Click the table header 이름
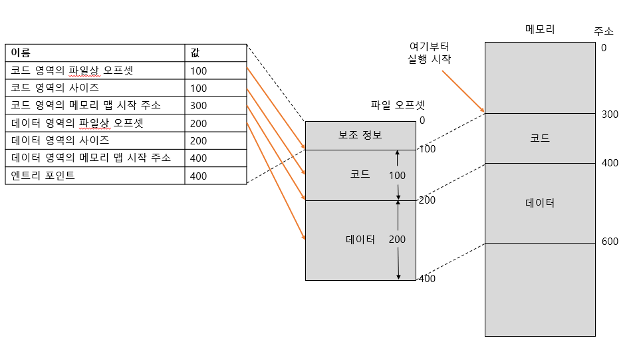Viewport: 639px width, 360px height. click(x=21, y=53)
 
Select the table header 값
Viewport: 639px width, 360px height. click(x=194, y=53)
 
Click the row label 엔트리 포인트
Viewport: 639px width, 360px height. click(x=43, y=176)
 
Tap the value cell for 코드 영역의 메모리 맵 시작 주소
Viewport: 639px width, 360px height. click(x=198, y=106)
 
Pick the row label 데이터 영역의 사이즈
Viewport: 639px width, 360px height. click(x=61, y=140)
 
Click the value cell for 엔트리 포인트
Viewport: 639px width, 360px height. click(x=198, y=176)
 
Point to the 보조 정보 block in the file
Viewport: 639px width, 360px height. click(x=360, y=135)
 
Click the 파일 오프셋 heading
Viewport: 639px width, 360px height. click(x=398, y=104)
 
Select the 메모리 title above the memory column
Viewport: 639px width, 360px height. click(x=539, y=29)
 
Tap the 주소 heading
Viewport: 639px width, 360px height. click(x=604, y=31)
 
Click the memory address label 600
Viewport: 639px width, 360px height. click(x=610, y=242)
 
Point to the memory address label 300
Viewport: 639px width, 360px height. click(x=610, y=114)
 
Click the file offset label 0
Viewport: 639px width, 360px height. click(x=422, y=120)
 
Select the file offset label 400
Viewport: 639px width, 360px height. click(x=427, y=278)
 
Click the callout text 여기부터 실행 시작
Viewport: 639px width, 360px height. click(x=429, y=53)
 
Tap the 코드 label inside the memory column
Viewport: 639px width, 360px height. click(x=539, y=138)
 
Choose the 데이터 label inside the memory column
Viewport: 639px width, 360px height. click(x=539, y=203)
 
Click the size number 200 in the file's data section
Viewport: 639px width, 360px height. click(x=397, y=240)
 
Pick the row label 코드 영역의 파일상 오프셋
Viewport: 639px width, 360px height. click(x=72, y=70)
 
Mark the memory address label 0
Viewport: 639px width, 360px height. click(x=603, y=48)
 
